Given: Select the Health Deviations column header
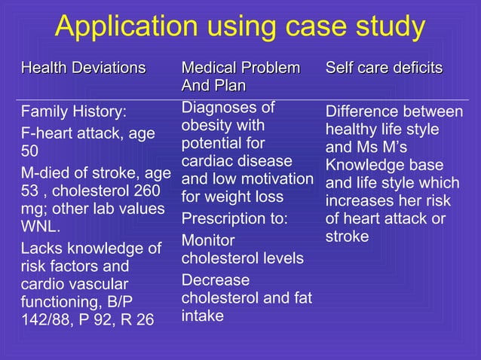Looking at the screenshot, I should (x=83, y=69).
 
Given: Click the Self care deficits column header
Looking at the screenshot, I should (x=384, y=69).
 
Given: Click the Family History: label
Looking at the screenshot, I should (x=73, y=113).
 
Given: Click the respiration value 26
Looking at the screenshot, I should (x=146, y=320).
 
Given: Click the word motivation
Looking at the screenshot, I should (x=280, y=179).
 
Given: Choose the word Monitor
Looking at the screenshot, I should (x=208, y=241).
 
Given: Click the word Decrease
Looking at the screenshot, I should (x=215, y=280).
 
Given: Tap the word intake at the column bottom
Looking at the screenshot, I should (x=202, y=316).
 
